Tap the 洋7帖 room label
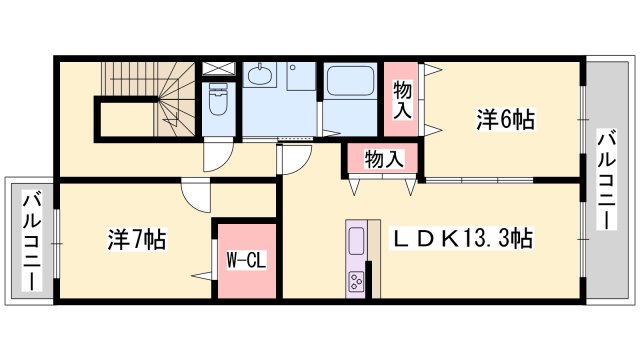[x=137, y=240]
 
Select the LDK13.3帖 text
[x=460, y=239]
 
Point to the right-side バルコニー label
[x=606, y=180]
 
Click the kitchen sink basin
[x=356, y=241]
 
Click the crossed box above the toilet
[x=216, y=70]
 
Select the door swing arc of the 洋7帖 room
[x=196, y=198]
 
